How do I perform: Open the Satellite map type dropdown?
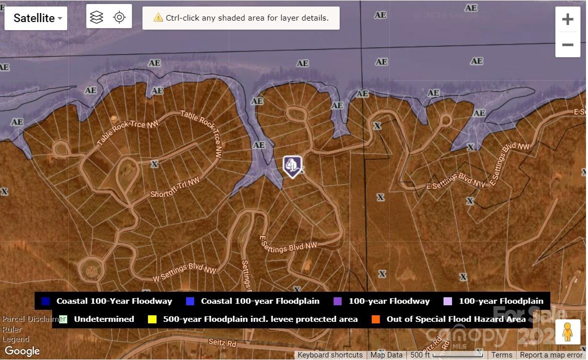(x=36, y=18)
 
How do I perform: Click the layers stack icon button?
(x=97, y=17)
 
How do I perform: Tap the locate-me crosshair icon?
(x=119, y=17)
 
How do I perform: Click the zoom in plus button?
(x=567, y=20)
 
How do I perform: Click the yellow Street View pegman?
(x=567, y=332)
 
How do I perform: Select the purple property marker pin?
(x=292, y=165)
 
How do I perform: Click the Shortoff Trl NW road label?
(x=175, y=187)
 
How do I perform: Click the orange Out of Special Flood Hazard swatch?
(x=376, y=319)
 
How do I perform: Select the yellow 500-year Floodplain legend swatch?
(x=152, y=319)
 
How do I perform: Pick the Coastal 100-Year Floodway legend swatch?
(x=46, y=301)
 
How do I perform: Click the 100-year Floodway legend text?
(x=389, y=301)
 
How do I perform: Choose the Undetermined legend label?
(x=104, y=319)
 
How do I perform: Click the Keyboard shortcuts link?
(x=330, y=355)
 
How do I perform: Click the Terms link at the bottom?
(x=502, y=355)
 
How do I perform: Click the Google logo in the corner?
(x=22, y=351)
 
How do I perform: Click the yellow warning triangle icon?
(x=158, y=18)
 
